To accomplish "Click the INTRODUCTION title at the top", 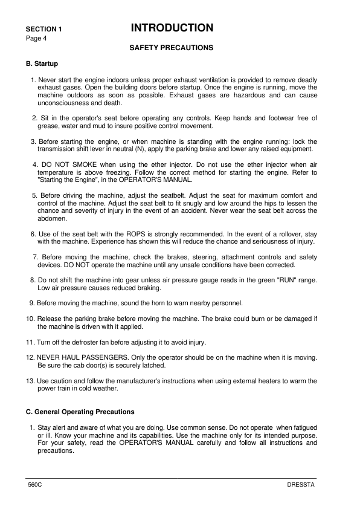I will [x=172, y=28].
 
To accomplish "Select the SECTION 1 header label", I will [x=43, y=29].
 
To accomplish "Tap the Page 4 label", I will [x=36, y=38].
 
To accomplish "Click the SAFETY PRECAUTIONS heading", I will [x=172, y=47].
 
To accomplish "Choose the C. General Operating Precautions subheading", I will [x=80, y=412].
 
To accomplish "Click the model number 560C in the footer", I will [x=34, y=486].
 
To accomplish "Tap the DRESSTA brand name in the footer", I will [x=301, y=486].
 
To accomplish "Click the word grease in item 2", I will [x=48, y=126].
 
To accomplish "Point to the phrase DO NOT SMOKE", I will [x=67, y=164].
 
